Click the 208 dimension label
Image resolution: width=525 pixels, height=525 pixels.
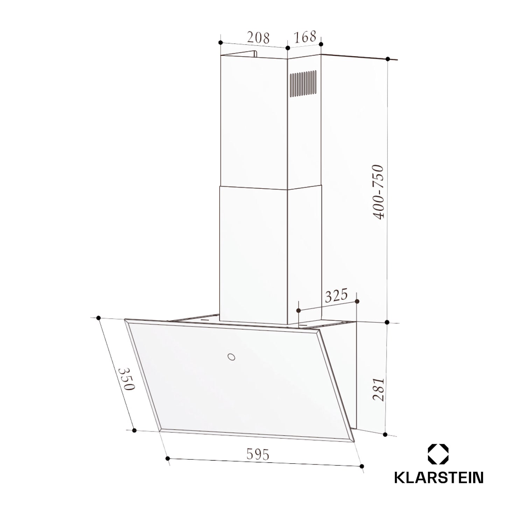click(258, 37)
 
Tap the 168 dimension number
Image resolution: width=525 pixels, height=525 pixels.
click(304, 36)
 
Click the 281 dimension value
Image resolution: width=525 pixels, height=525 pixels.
click(378, 389)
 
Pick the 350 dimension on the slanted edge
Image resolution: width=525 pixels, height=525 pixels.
click(126, 379)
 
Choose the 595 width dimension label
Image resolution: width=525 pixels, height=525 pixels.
click(258, 454)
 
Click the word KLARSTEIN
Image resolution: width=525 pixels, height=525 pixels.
click(439, 478)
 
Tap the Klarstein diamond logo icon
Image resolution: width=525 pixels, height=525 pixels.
click(438, 454)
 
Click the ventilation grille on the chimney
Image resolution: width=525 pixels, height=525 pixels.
click(303, 84)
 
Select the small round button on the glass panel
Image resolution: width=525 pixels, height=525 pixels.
click(231, 357)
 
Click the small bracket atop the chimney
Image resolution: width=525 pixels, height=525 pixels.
click(254, 54)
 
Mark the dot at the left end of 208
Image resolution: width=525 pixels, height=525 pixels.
click(220, 43)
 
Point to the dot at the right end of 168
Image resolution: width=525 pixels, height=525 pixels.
click(321, 44)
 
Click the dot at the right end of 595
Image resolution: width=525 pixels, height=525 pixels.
click(362, 467)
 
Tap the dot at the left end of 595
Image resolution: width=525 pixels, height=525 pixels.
click(168, 458)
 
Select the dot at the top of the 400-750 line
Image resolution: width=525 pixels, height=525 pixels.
click(388, 59)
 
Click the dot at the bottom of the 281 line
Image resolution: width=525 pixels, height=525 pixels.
click(385, 435)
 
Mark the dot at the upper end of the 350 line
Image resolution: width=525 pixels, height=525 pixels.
click(98, 318)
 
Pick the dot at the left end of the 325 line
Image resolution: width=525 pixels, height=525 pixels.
click(299, 310)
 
